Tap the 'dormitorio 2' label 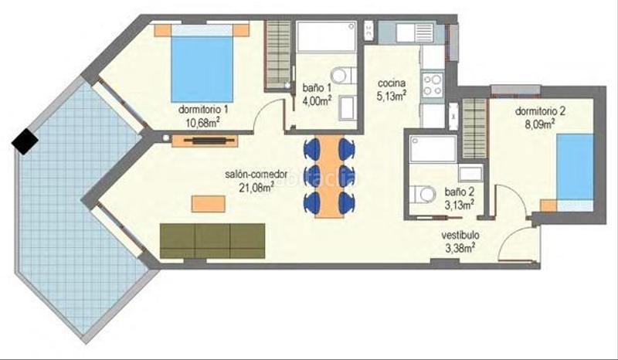coord(540,110)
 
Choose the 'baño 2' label coord(460,192)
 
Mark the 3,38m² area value coord(460,247)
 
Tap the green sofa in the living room coord(212,239)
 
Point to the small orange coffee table coord(209,202)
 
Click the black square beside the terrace coord(25,141)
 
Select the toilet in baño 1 coord(348,76)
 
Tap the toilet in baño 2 coord(424,194)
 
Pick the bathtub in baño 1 coord(327,36)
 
